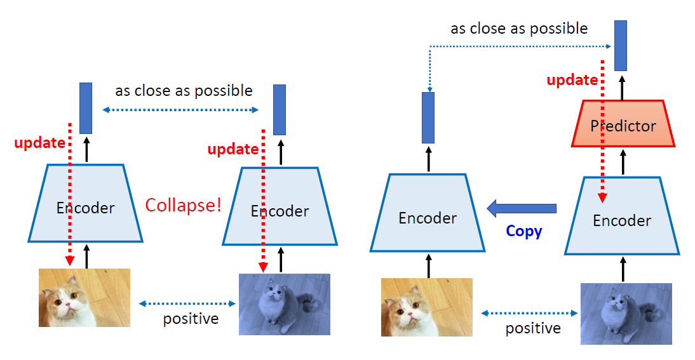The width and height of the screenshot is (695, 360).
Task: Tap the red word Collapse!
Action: [183, 205]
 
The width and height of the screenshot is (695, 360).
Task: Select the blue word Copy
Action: [523, 231]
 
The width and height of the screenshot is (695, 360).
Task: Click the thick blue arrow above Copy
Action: [521, 208]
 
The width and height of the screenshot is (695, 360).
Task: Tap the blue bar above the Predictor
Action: [620, 45]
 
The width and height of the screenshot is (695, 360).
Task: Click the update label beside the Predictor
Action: [572, 81]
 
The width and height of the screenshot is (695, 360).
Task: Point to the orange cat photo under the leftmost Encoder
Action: [84, 297]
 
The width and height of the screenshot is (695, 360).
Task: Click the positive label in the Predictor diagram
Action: [532, 328]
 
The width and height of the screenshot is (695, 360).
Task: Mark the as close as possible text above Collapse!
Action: [184, 91]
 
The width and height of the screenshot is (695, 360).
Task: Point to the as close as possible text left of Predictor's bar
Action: [518, 29]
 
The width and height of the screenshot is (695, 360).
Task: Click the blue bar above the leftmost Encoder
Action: [86, 108]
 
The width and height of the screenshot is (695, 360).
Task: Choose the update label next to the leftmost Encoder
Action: [39, 143]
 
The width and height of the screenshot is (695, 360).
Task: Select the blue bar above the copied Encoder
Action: [428, 117]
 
